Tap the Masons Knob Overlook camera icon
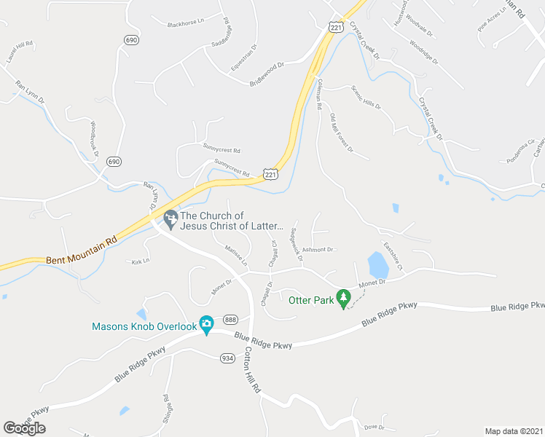pos(206,324)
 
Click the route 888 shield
pos(230,320)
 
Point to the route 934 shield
pos(227,358)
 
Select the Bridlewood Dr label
pos(266,74)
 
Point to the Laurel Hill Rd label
pos(20,54)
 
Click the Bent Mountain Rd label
pos(82,252)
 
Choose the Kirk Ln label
pos(140,260)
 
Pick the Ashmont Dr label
pos(318,249)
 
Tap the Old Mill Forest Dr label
pos(341,133)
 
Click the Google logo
pos(24,428)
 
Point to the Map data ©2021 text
pos(514,431)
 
